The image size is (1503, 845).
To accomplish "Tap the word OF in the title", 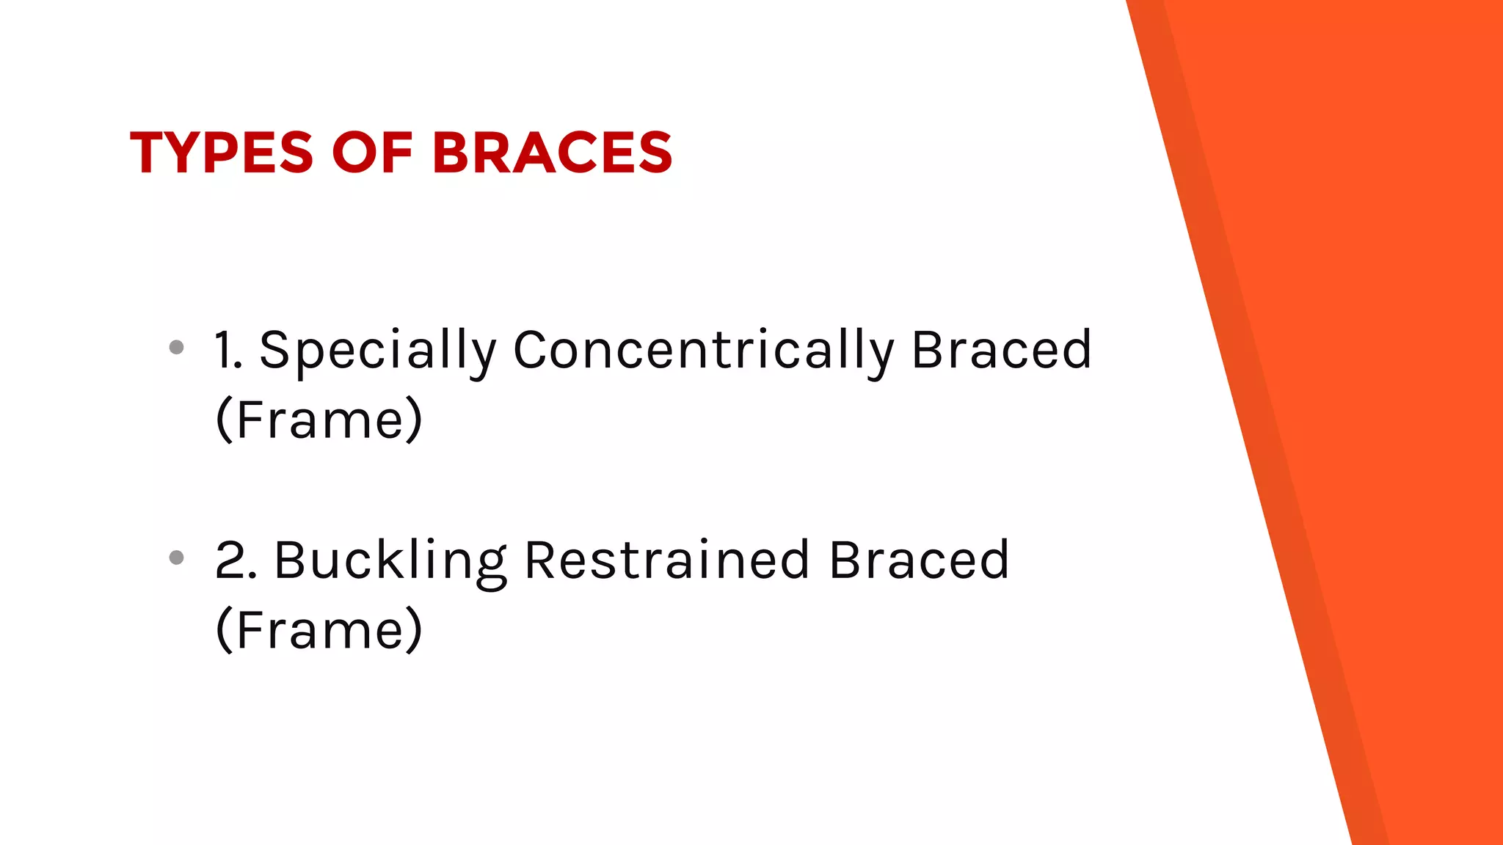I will [x=372, y=153].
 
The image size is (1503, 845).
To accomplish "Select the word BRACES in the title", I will [x=552, y=153].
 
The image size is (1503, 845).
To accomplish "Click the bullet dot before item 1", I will [x=176, y=347].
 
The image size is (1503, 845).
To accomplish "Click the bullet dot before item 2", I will [x=176, y=557].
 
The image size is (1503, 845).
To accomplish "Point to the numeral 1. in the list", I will [x=228, y=350].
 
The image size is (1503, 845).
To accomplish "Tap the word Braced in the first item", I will [x=1001, y=350].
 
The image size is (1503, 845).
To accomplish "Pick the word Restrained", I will [x=666, y=560].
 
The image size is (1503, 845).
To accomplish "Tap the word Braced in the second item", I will [x=919, y=560].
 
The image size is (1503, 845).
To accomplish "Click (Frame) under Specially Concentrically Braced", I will [x=319, y=420].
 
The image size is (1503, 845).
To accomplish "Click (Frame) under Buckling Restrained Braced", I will [x=319, y=630].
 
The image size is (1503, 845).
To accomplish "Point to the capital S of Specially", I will [x=273, y=350].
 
